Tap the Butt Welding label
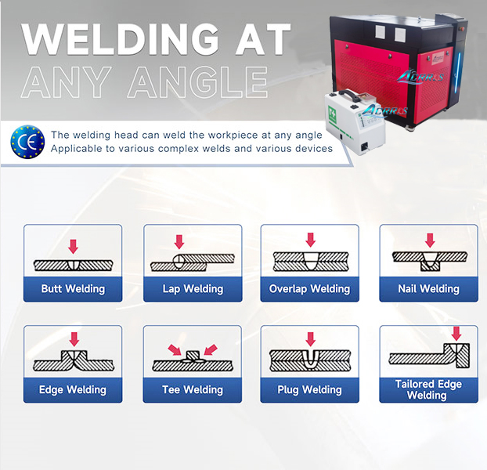click(x=73, y=289)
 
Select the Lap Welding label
click(x=193, y=289)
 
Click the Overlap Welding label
click(x=309, y=289)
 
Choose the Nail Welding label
click(x=428, y=289)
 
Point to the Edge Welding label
click(x=73, y=389)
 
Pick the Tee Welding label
click(x=193, y=389)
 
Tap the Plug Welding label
click(x=309, y=389)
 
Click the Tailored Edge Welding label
click(x=428, y=389)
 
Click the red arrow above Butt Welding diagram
click(x=73, y=246)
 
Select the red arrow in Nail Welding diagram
click(x=429, y=240)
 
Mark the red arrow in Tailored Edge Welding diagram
click(x=456, y=334)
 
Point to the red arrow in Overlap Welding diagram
click(x=310, y=240)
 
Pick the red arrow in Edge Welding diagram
click(x=74, y=339)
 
